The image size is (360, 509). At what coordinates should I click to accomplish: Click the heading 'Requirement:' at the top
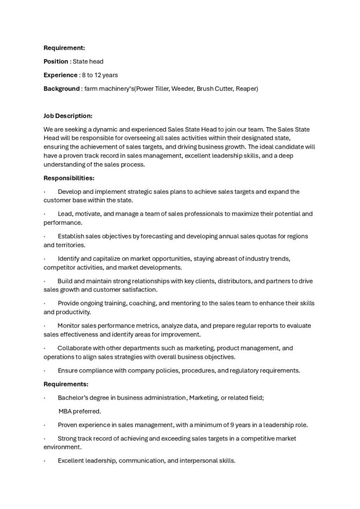(64, 48)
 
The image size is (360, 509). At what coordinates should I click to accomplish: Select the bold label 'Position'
(56, 61)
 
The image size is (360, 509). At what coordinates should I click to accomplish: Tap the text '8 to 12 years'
(99, 75)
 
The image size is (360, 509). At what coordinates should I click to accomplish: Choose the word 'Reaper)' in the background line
(246, 88)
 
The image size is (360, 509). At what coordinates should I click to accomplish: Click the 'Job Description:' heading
(68, 116)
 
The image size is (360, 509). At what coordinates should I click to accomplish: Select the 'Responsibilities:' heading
(69, 177)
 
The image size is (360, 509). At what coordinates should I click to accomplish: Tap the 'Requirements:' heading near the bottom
(66, 384)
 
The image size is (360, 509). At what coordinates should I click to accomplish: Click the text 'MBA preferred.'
(80, 411)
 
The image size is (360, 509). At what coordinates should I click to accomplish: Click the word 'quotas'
(258, 236)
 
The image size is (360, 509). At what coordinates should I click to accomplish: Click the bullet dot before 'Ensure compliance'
(45, 370)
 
